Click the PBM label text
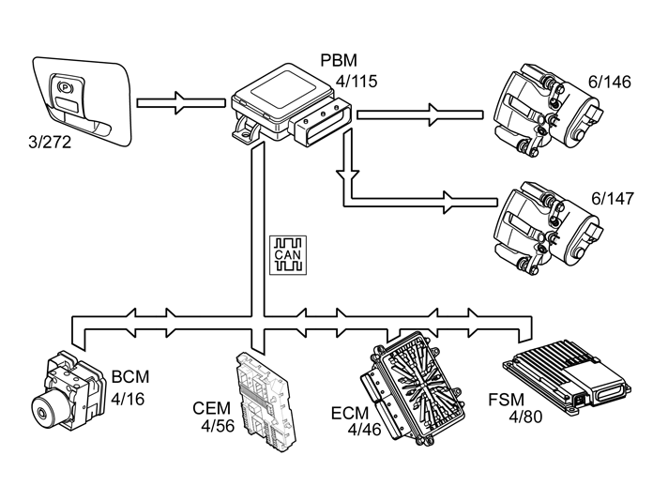point(339,60)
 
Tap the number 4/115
point(357,81)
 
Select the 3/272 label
point(50,143)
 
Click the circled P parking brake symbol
point(65,87)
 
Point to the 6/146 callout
point(609,82)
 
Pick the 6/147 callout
point(613,199)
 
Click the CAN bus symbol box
point(288,255)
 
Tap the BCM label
point(130,377)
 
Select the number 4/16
point(128,399)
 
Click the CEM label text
point(211,408)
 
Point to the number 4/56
point(218,426)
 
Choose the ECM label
point(350,413)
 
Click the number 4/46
point(364,430)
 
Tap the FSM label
point(506,400)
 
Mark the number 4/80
point(525,417)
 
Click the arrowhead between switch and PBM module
point(181,102)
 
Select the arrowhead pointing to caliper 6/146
point(433,114)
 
